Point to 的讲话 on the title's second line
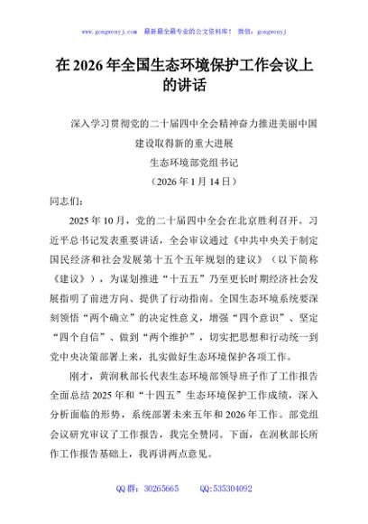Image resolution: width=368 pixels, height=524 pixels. [184, 89]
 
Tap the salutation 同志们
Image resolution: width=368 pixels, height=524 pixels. [62, 203]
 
